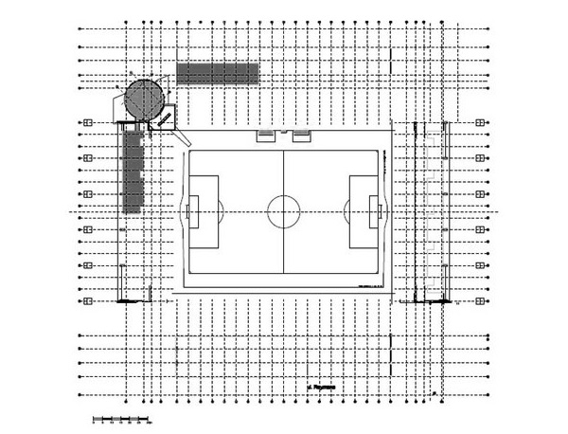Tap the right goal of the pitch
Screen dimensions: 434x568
(382, 210)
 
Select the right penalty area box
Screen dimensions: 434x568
(364, 210)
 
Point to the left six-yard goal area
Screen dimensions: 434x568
(192, 210)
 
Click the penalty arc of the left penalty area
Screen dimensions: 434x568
(222, 210)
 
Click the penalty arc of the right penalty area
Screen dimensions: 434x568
(345, 210)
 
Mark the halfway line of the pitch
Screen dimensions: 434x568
(283, 171)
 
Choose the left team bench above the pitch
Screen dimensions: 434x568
(266, 136)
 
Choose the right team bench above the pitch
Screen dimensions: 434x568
(301, 136)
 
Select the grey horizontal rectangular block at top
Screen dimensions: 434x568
(218, 75)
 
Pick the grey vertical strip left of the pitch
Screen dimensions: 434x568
(131, 171)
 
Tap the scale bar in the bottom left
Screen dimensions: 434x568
(121, 417)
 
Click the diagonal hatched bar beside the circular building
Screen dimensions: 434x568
(165, 118)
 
